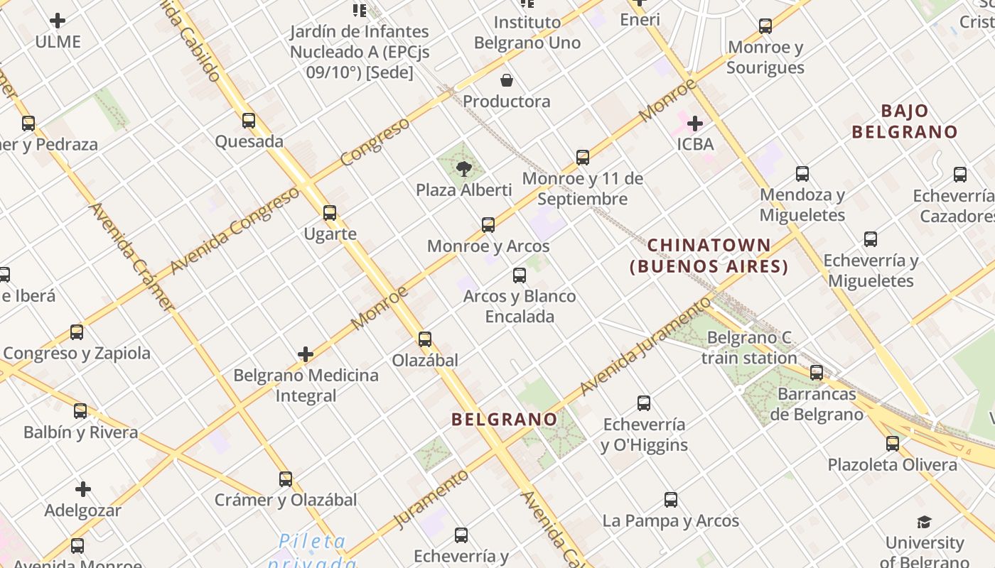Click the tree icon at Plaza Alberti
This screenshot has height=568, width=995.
[x=464, y=169]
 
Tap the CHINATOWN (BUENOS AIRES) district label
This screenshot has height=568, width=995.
[x=709, y=256]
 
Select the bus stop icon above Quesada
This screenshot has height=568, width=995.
[x=249, y=120]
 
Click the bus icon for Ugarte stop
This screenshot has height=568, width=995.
[x=330, y=212]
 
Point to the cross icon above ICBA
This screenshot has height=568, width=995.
[x=695, y=124]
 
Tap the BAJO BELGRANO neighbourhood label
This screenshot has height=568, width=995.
[x=905, y=121]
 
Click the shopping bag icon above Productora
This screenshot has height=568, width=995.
[x=507, y=80]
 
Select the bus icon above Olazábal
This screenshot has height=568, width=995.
[x=425, y=339]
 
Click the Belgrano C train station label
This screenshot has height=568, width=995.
[x=749, y=347]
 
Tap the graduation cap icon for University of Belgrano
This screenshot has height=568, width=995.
[x=924, y=523]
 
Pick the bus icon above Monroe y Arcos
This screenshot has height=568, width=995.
[x=488, y=225]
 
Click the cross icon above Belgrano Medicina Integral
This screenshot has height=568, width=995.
[x=306, y=354]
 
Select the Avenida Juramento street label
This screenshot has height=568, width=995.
[x=645, y=346]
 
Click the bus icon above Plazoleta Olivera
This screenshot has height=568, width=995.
[x=893, y=444]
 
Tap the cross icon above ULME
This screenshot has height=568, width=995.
[x=58, y=21]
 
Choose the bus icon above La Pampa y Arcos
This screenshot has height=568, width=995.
[x=671, y=499]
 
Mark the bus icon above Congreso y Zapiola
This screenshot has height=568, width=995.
[x=77, y=332]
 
